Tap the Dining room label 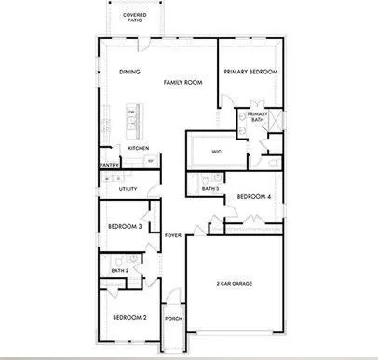[128, 73]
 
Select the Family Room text [183, 83]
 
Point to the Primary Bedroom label [251, 73]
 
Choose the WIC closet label [216, 152]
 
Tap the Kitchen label [139, 149]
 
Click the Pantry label [108, 166]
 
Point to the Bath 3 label [210, 189]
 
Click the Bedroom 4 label [253, 196]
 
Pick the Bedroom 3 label [125, 226]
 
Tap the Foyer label [173, 235]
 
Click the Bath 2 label [119, 271]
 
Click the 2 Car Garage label [235, 283]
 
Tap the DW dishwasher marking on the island [132, 113]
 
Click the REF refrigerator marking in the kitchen [152, 161]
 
